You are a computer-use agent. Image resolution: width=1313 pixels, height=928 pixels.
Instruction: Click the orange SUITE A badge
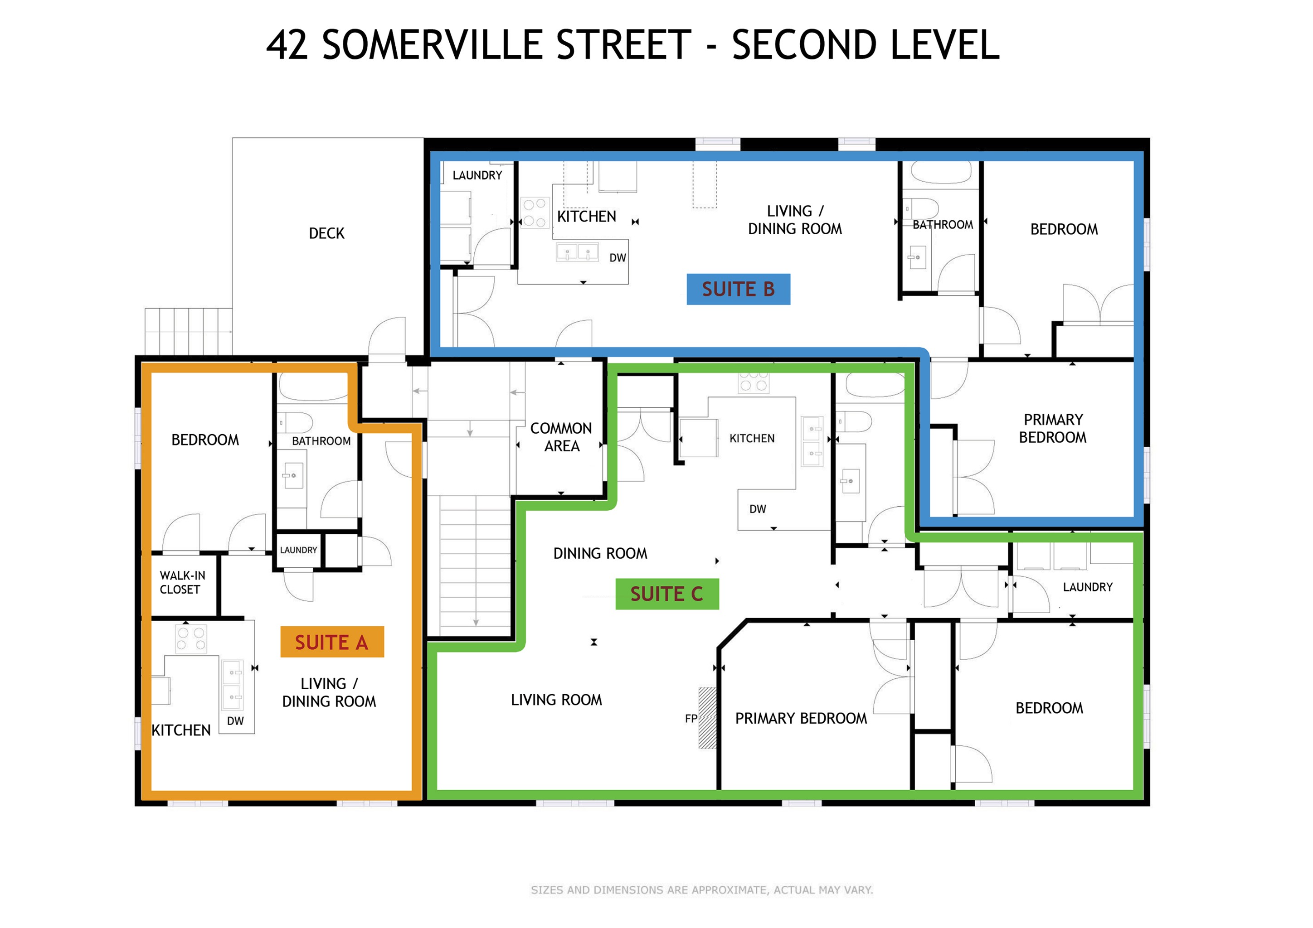pos(332,642)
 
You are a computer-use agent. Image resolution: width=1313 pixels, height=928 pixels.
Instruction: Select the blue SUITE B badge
pos(738,289)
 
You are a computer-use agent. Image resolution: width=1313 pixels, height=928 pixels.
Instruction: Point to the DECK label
pos(326,233)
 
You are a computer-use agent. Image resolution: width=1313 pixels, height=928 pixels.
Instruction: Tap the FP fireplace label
pos(691,718)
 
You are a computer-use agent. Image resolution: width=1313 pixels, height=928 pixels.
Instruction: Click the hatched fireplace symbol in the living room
pos(707,718)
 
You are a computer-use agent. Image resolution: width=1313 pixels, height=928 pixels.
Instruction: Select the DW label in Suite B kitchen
pos(618,258)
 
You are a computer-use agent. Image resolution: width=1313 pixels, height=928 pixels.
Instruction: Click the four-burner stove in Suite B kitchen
pos(534,213)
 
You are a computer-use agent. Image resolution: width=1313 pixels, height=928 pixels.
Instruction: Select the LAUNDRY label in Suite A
pos(298,550)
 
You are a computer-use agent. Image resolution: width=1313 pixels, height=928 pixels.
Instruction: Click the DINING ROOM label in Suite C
pos(600,553)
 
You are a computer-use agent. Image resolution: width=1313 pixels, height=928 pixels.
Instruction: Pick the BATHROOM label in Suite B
pos(943,225)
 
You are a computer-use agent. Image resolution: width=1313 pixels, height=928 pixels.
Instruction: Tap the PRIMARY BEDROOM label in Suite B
pos(1053,429)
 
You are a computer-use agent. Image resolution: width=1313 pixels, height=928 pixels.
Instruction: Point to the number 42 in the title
pos(287,45)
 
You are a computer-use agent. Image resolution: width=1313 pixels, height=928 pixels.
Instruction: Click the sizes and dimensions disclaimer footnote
pos(702,890)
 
